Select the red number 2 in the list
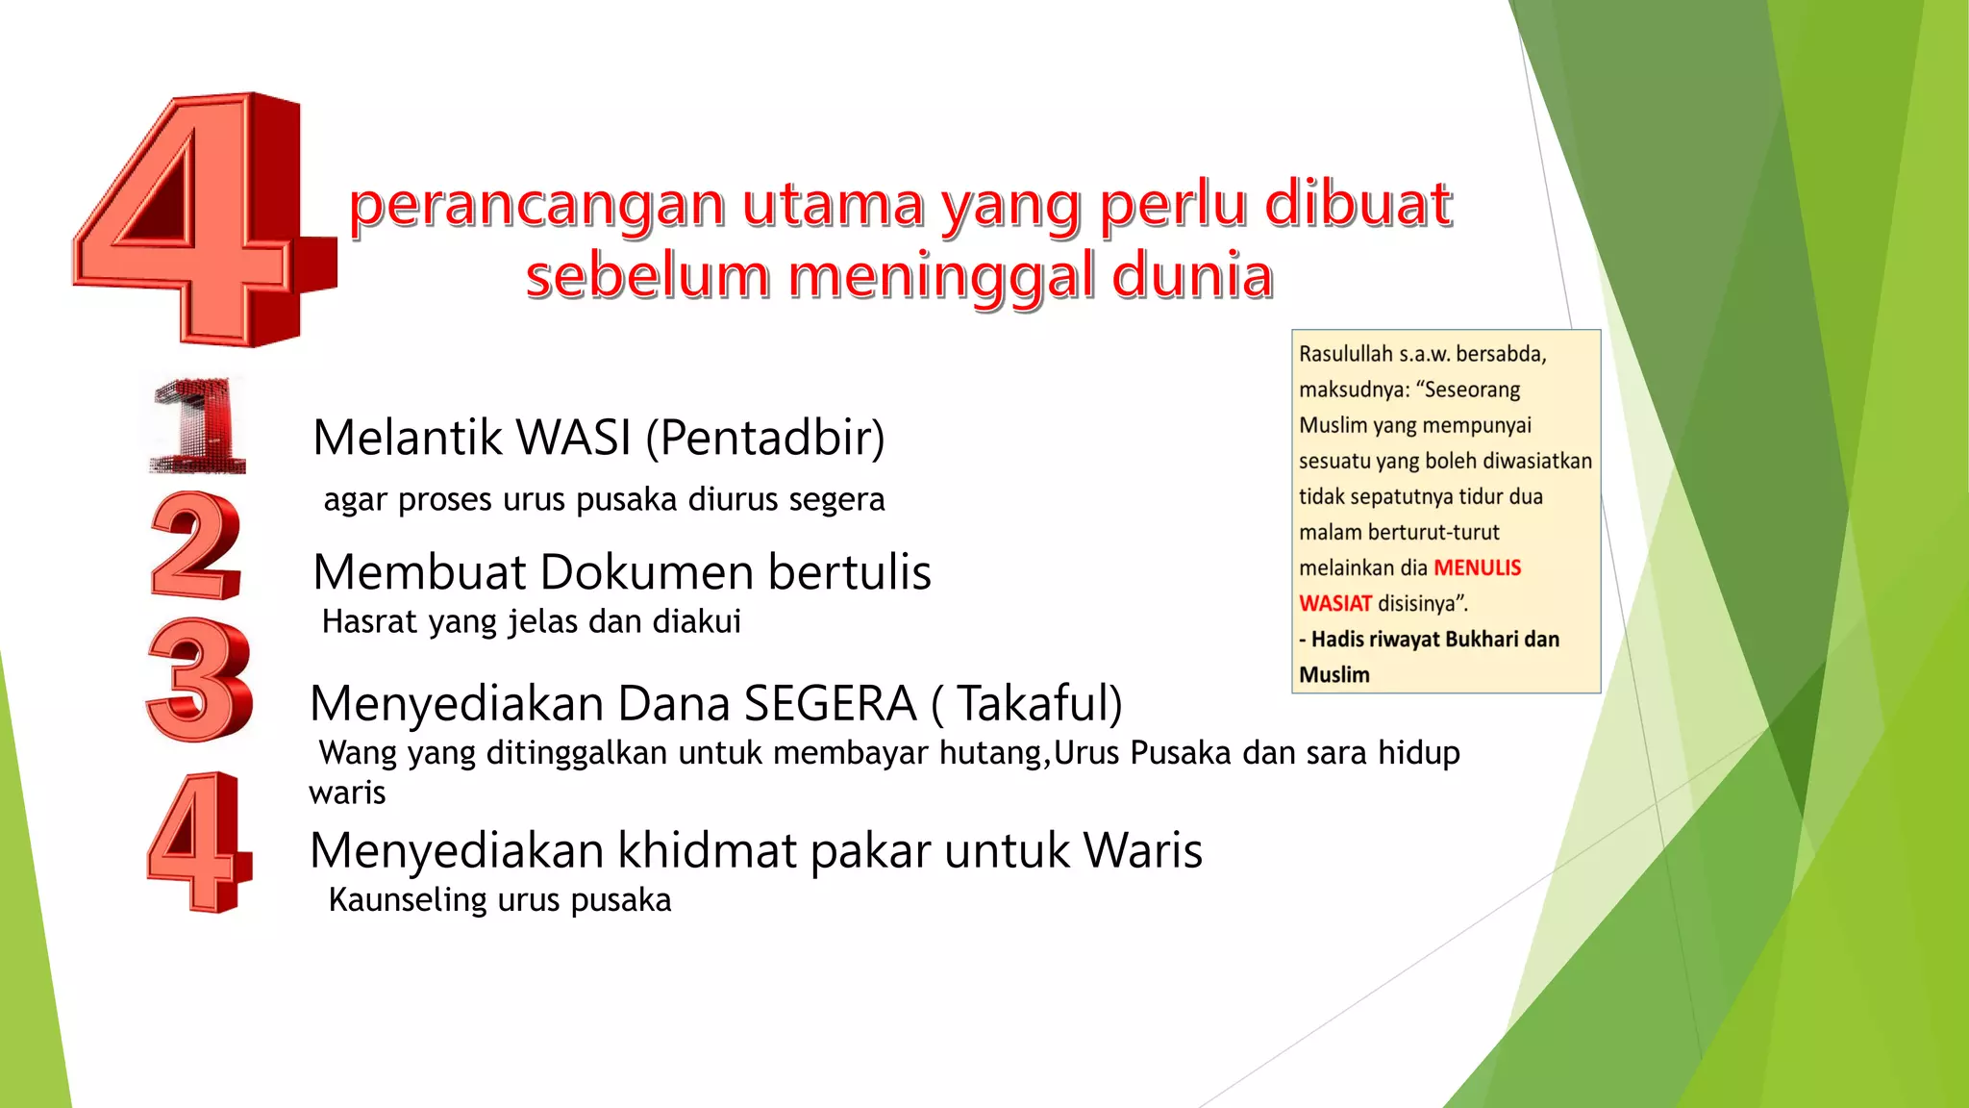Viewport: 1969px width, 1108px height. click(x=196, y=545)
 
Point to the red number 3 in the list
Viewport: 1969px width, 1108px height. click(x=200, y=679)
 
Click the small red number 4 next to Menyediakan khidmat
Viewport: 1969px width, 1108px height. click(x=200, y=843)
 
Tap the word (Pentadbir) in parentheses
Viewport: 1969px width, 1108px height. click(x=765, y=438)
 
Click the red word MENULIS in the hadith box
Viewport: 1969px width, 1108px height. click(x=1477, y=567)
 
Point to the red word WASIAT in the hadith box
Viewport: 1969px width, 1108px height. click(x=1335, y=603)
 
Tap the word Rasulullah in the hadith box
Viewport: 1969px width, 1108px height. click(x=1345, y=354)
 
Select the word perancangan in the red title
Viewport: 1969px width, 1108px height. click(x=536, y=206)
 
